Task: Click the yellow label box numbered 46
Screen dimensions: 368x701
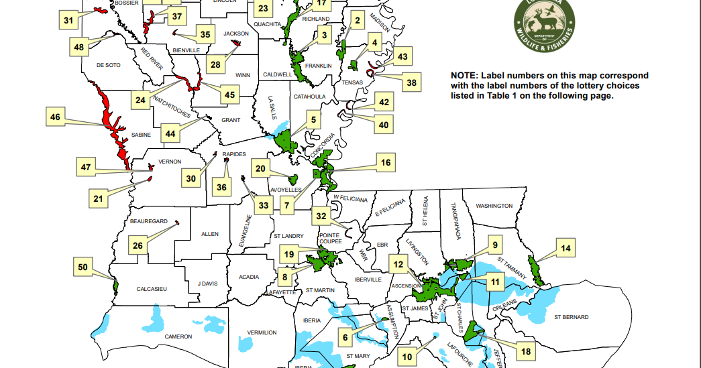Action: pos(56,118)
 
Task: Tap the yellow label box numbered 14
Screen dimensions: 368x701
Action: pos(566,249)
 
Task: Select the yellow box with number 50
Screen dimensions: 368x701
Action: pos(83,267)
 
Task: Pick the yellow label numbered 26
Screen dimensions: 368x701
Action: pos(138,245)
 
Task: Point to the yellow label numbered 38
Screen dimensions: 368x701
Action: pos(412,83)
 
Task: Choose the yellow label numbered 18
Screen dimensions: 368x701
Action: pos(525,351)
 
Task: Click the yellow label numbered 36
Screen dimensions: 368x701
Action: pos(222,187)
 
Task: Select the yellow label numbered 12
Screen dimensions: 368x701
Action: pos(399,265)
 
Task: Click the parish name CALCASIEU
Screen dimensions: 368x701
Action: pos(151,288)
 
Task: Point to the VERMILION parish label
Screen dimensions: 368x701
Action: pos(262,332)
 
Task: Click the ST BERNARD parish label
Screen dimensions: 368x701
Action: pos(571,316)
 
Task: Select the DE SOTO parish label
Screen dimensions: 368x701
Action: pos(108,65)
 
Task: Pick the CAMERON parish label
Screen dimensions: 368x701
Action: pos(178,336)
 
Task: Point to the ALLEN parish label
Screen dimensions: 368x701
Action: pos(210,234)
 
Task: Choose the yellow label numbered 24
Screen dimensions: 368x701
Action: pos(140,101)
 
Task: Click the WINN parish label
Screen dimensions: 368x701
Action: pos(243,74)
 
